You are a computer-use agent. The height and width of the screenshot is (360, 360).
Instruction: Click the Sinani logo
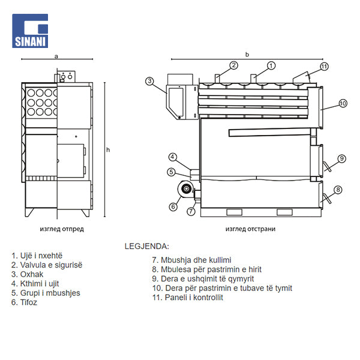pyautogui.click(x=30, y=31)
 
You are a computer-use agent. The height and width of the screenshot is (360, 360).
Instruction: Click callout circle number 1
pyautogui.click(x=271, y=65)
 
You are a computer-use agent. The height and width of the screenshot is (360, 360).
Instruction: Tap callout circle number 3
pyautogui.click(x=150, y=80)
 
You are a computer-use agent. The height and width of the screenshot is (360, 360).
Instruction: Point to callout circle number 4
pyautogui.click(x=173, y=158)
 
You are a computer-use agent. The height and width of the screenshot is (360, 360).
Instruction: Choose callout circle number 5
pyautogui.click(x=172, y=172)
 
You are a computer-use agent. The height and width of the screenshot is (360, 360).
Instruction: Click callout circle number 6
pyautogui.click(x=173, y=207)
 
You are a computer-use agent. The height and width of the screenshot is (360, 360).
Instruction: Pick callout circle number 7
pyautogui.click(x=191, y=211)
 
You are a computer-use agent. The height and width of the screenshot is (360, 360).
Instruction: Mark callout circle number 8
pyautogui.click(x=338, y=190)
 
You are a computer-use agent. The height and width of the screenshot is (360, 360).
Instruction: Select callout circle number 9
pyautogui.click(x=341, y=158)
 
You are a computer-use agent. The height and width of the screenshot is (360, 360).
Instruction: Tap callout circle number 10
pyautogui.click(x=343, y=103)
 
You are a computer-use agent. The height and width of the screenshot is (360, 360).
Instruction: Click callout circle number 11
pyautogui.click(x=324, y=66)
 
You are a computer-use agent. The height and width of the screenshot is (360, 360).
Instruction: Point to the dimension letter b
pyautogui.click(x=247, y=55)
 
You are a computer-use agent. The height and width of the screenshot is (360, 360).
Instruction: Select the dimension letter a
pyautogui.click(x=56, y=55)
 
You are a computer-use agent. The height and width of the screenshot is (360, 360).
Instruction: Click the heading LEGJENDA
pyautogui.click(x=147, y=246)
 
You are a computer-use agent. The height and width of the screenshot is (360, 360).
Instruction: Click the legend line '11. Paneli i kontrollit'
pyautogui.click(x=188, y=297)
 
